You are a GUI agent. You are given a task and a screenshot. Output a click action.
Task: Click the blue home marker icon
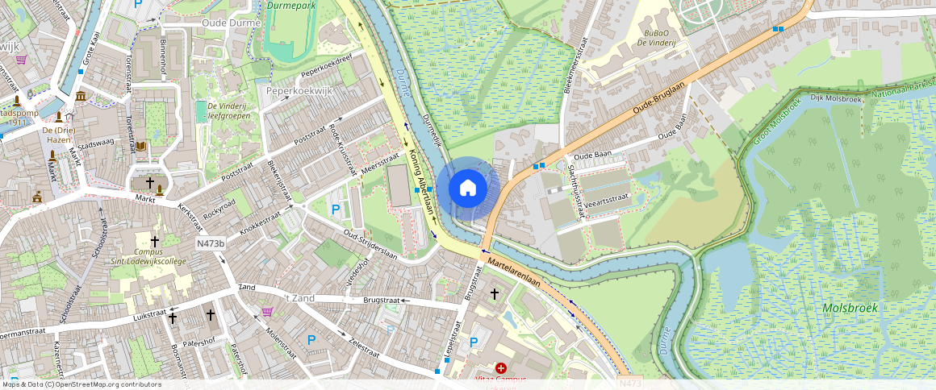(x=467, y=189)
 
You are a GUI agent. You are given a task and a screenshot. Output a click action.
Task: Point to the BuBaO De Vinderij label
(x=659, y=37)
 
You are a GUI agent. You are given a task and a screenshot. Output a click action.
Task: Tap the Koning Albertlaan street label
(x=422, y=181)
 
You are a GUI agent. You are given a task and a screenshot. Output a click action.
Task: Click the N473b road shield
(x=209, y=243)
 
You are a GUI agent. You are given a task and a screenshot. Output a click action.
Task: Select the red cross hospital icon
(x=500, y=367)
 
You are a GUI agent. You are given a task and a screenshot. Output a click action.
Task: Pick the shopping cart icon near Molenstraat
(x=267, y=312)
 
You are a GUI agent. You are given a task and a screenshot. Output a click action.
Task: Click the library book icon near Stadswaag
(x=141, y=146)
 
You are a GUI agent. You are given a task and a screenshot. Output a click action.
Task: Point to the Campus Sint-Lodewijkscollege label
(x=155, y=255)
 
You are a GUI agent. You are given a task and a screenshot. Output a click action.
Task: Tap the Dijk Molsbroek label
(x=834, y=97)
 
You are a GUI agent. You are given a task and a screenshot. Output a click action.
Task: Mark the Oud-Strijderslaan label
(x=370, y=245)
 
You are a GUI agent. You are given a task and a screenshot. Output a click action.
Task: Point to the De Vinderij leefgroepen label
(x=228, y=110)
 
